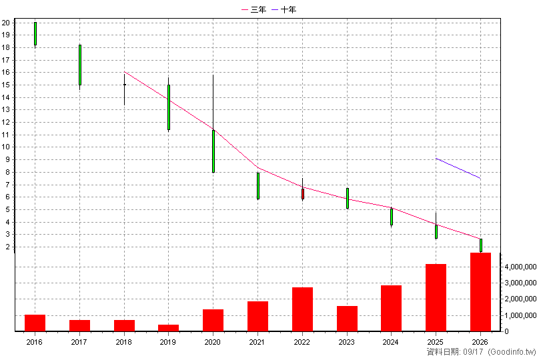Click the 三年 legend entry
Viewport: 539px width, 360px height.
click(254, 9)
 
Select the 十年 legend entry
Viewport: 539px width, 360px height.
click(284, 9)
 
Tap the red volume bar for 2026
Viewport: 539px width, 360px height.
click(480, 292)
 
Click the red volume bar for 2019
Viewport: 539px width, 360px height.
click(168, 328)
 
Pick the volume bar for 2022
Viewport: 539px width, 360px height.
click(302, 309)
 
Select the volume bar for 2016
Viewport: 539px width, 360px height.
click(35, 323)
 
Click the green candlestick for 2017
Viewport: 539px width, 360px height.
click(80, 65)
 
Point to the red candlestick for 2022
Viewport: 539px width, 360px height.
click(302, 194)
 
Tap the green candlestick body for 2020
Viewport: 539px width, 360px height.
click(213, 151)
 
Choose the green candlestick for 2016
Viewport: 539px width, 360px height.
click(35, 33)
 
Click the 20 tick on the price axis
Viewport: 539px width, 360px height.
click(5, 23)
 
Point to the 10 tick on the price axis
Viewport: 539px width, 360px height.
click(5, 147)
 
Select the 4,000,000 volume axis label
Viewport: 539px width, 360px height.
click(520, 267)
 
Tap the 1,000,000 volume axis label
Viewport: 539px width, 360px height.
click(520, 315)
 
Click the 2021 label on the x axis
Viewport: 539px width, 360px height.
click(257, 342)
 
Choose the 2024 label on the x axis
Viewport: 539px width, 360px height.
click(390, 342)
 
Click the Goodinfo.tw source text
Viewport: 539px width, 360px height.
click(512, 352)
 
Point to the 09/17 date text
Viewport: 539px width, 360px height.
click(473, 352)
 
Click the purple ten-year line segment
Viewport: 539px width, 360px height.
click(458, 168)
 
